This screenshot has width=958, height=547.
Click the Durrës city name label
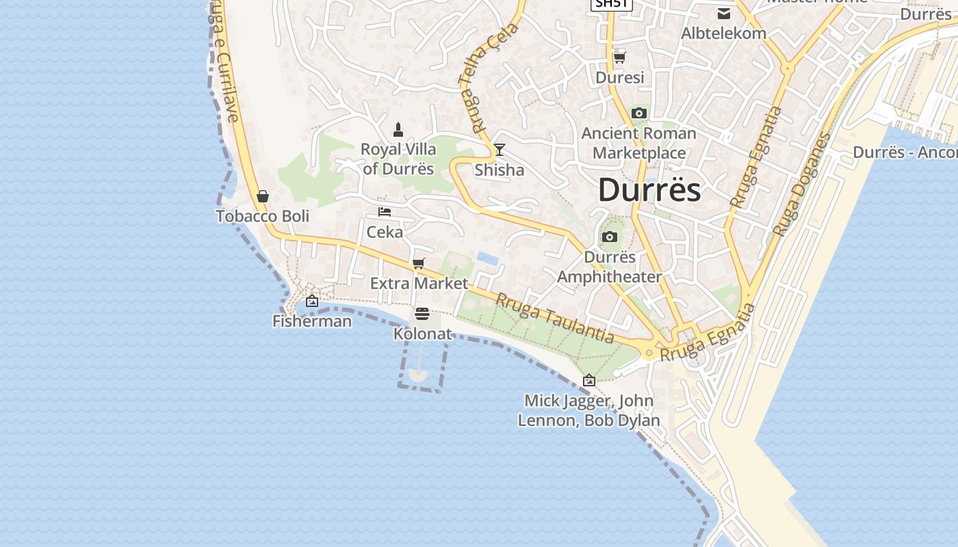pos(649,189)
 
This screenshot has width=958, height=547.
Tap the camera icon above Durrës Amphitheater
pos(609,237)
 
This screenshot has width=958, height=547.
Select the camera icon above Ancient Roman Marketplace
pos(639,114)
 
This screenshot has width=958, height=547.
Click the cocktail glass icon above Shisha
pos(500,150)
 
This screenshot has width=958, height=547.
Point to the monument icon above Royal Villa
pos(398,129)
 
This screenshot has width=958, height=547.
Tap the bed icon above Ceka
pos(385,212)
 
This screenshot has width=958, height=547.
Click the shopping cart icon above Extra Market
pos(419,263)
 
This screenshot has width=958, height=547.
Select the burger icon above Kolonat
pos(422,314)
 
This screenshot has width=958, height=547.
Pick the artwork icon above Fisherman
pos(312,301)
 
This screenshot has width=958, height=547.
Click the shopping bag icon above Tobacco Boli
pos(263,197)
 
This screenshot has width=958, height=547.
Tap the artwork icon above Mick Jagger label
pos(588,380)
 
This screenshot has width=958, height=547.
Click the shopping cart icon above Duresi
pos(620,57)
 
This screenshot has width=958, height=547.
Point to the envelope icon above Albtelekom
pos(723,13)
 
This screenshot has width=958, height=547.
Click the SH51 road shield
pos(611,3)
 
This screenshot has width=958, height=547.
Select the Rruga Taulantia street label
pos(555,318)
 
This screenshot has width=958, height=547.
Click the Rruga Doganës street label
pos(801,185)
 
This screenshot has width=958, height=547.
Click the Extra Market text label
pos(419,283)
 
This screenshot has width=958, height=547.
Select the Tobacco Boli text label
pos(263,216)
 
